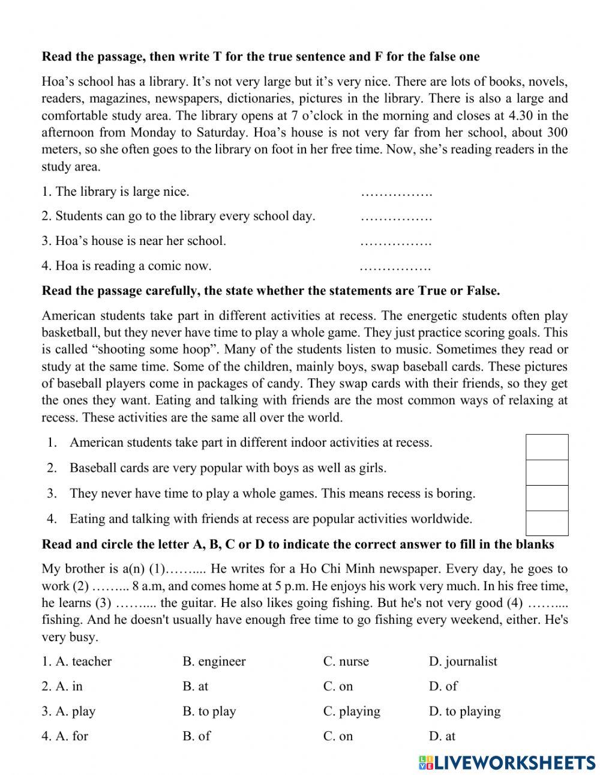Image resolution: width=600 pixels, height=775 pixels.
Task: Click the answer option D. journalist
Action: click(x=463, y=662)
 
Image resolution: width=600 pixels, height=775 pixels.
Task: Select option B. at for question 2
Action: click(x=195, y=686)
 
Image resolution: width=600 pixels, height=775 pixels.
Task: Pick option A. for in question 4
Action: click(x=65, y=736)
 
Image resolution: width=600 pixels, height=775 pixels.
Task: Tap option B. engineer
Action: click(x=214, y=662)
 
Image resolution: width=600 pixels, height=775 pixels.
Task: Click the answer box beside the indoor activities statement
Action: click(x=547, y=447)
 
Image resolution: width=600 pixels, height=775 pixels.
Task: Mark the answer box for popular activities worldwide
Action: click(x=547, y=523)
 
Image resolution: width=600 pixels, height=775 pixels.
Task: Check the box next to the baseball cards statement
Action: click(x=547, y=472)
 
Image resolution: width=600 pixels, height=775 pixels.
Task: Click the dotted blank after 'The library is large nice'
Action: click(x=396, y=193)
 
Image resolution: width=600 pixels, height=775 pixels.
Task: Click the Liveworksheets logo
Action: click(x=507, y=762)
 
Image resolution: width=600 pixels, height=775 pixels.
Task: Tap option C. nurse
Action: click(x=346, y=662)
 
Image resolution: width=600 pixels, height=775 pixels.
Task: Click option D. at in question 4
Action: click(x=442, y=736)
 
